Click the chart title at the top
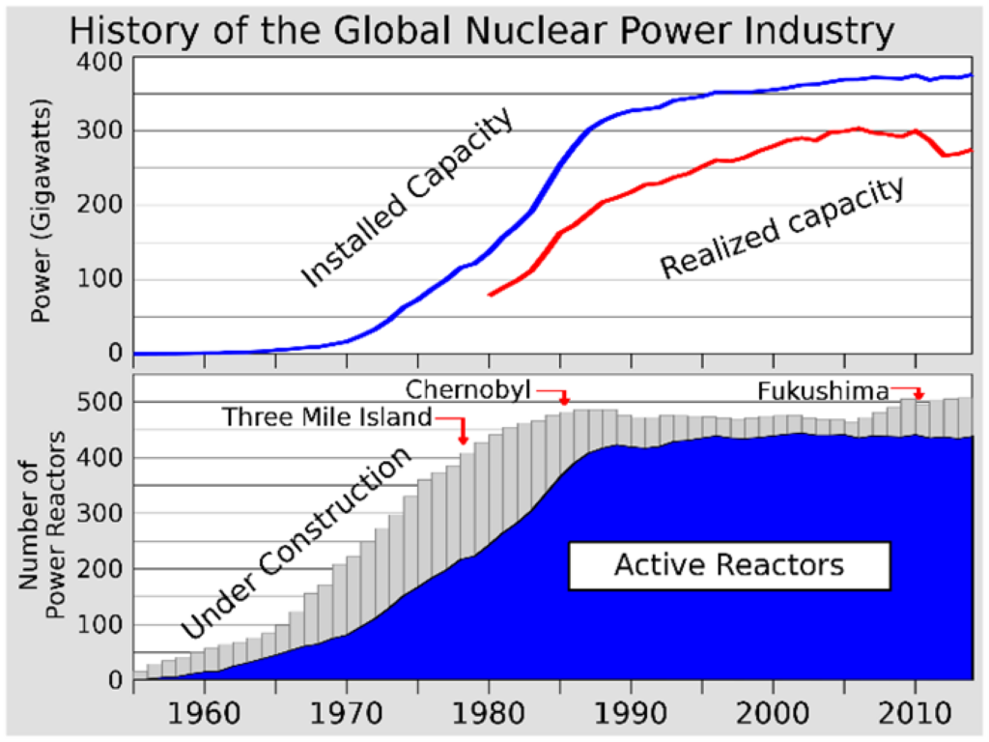[x=481, y=31]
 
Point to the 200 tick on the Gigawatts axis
[x=107, y=205]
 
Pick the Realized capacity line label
[x=782, y=228]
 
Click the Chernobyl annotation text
[x=468, y=389]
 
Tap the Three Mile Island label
[x=326, y=417]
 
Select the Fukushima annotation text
[x=823, y=391]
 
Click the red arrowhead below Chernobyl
[x=565, y=400]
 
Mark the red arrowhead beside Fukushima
[x=918, y=395]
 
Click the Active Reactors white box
[x=728, y=564]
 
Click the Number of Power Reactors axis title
[x=42, y=526]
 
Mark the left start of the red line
[x=491, y=294]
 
